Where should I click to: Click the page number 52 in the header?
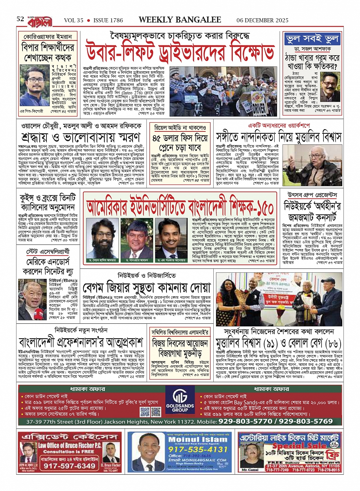tap(21, 19)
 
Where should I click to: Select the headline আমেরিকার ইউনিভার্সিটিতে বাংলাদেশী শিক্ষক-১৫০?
tap(180, 207)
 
